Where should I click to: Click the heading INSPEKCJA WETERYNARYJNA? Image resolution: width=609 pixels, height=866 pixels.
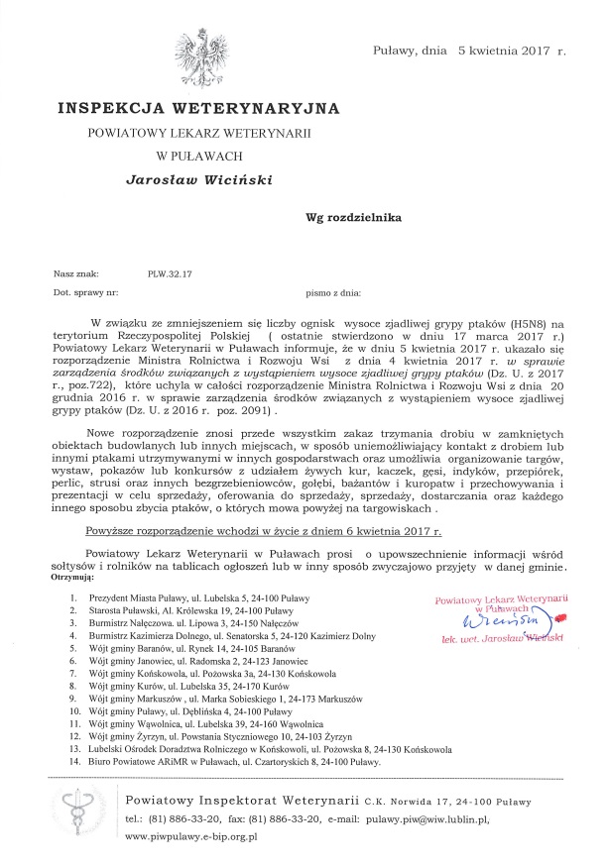pos(198,106)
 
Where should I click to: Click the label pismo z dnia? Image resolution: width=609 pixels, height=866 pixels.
pos(334,294)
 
